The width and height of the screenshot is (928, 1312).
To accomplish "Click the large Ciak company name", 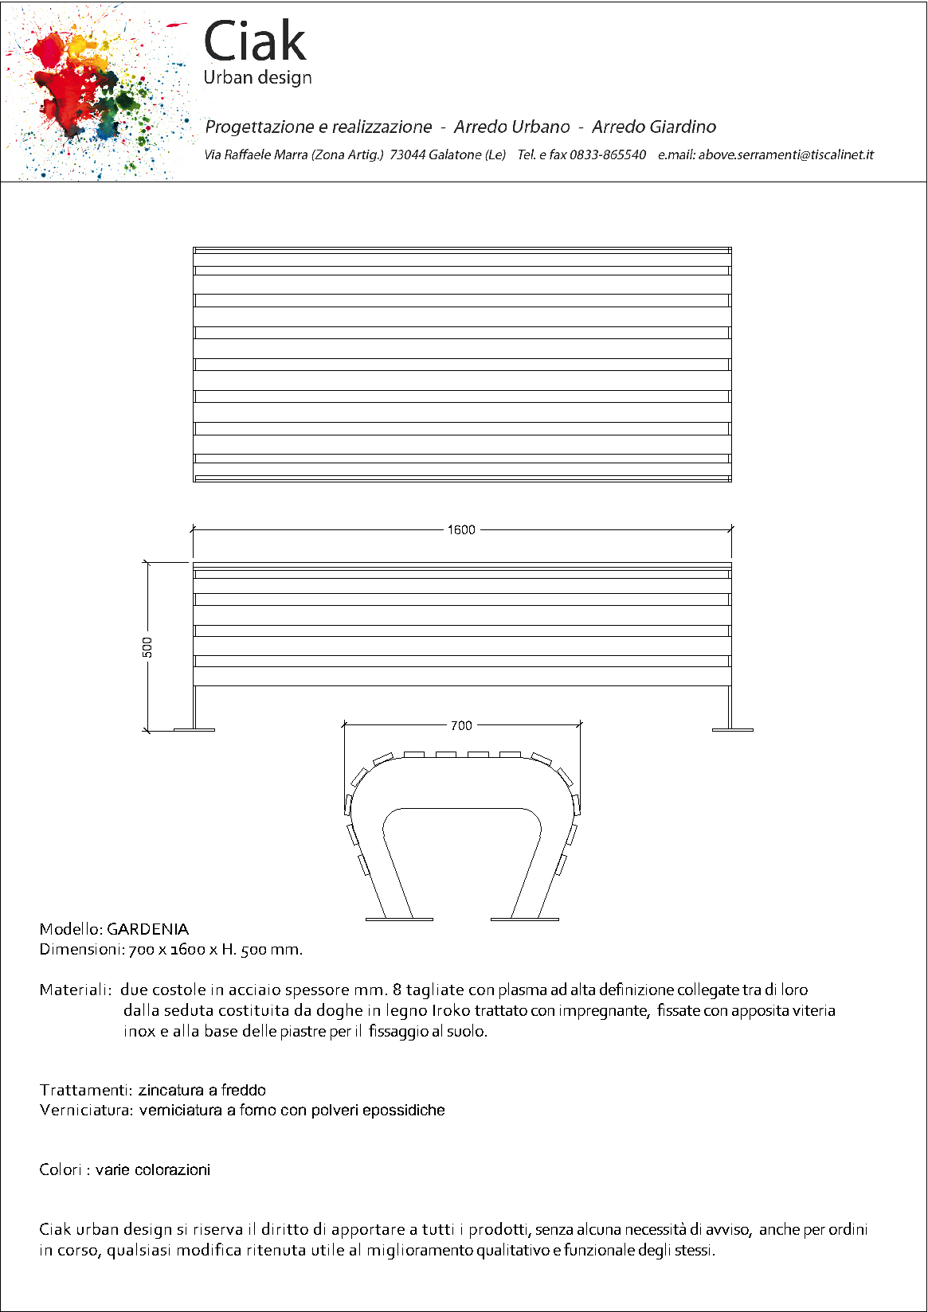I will (x=255, y=41).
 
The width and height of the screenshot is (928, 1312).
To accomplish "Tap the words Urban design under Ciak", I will (x=257, y=77).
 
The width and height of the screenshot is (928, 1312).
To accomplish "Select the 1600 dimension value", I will (x=461, y=529).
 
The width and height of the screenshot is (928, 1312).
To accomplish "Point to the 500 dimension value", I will (x=147, y=646).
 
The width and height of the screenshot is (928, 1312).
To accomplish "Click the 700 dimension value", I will (x=461, y=725).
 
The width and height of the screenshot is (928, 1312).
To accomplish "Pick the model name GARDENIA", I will (x=147, y=929).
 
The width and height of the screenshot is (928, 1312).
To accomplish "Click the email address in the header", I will (x=785, y=154).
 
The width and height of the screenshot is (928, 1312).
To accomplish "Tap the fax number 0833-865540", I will (x=607, y=154).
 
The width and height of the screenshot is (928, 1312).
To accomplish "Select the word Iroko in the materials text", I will (x=451, y=1010).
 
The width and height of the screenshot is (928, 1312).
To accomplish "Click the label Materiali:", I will (x=75, y=990).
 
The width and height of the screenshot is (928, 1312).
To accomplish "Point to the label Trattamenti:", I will (x=85, y=1090).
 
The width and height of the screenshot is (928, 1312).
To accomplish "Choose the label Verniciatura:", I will (x=86, y=1110).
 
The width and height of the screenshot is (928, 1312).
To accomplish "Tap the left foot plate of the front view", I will (x=194, y=728).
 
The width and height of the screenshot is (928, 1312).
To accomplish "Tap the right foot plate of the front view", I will (x=732, y=728).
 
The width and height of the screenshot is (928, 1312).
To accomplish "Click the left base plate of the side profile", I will (x=399, y=920).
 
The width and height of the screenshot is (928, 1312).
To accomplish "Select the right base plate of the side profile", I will (x=524, y=920).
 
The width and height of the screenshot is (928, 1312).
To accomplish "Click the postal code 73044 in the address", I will (x=407, y=154).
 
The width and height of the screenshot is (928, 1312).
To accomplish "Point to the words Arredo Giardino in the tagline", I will (x=653, y=127).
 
